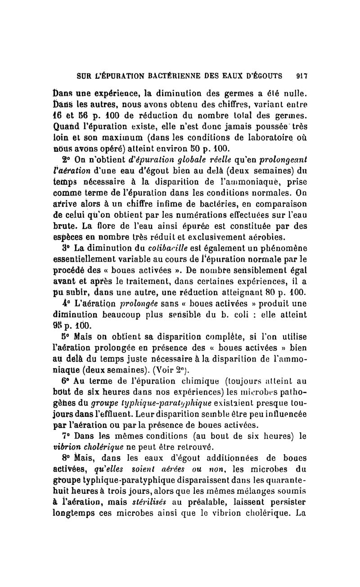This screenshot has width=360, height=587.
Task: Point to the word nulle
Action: point(295,95)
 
